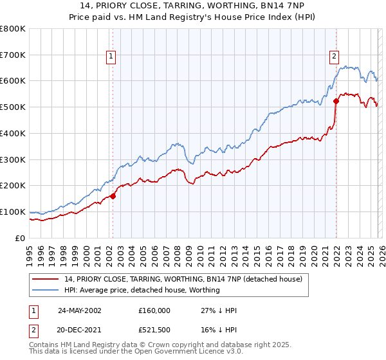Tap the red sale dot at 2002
coord(113,196)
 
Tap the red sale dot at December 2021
coord(336,101)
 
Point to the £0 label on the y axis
coord(20,238)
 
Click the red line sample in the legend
coord(46,279)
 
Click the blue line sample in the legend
coord(46,290)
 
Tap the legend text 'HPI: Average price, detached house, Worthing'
coord(142,290)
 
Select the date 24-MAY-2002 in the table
coord(79,310)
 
